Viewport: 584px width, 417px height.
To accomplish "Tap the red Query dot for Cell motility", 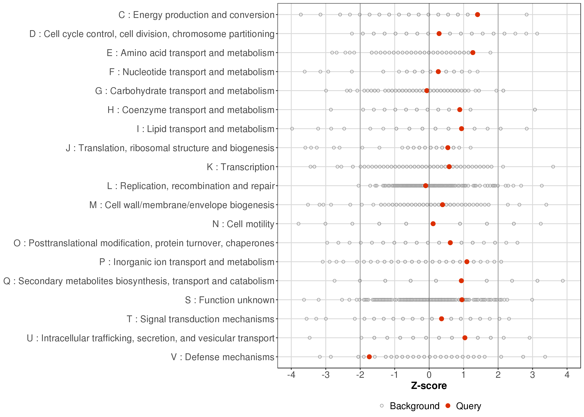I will pyautogui.click(x=433, y=224).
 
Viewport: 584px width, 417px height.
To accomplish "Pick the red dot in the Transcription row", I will pyautogui.click(x=449, y=167).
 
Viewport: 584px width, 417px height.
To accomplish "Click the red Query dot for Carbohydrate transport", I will pyautogui.click(x=427, y=91).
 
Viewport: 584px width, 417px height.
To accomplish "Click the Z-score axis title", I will pyautogui.click(x=429, y=386).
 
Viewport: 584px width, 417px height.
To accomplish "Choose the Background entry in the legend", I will pyautogui.click(x=414, y=406).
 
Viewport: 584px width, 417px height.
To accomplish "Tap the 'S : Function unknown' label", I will pyautogui.click(x=230, y=300).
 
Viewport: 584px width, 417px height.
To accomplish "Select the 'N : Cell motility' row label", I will pyautogui.click(x=243, y=224).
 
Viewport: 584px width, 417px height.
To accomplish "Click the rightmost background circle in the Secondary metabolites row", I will pyautogui.click(x=563, y=281).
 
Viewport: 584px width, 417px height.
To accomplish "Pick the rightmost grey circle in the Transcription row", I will pyautogui.click(x=553, y=167).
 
